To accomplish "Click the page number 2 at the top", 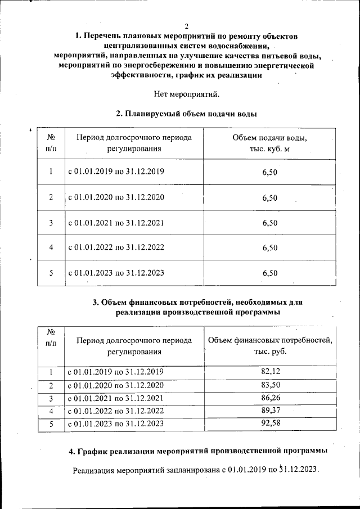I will (187, 26).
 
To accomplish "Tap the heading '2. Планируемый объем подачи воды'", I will (186, 114).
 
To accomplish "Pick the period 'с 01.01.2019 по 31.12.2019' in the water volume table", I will (116, 172).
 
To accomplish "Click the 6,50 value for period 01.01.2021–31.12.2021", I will (270, 223).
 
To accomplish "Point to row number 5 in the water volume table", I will (51, 273).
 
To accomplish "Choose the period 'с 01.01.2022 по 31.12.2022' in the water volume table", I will (116, 247).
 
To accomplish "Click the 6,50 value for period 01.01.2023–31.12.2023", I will (270, 273).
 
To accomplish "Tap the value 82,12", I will (271, 372).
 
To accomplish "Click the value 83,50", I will (271, 385).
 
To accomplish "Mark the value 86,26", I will (271, 398).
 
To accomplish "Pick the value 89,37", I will (271, 411).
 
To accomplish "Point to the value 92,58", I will (271, 424).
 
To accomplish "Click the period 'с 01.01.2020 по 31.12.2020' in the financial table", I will (116, 385).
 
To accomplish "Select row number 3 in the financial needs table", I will (51, 398).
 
